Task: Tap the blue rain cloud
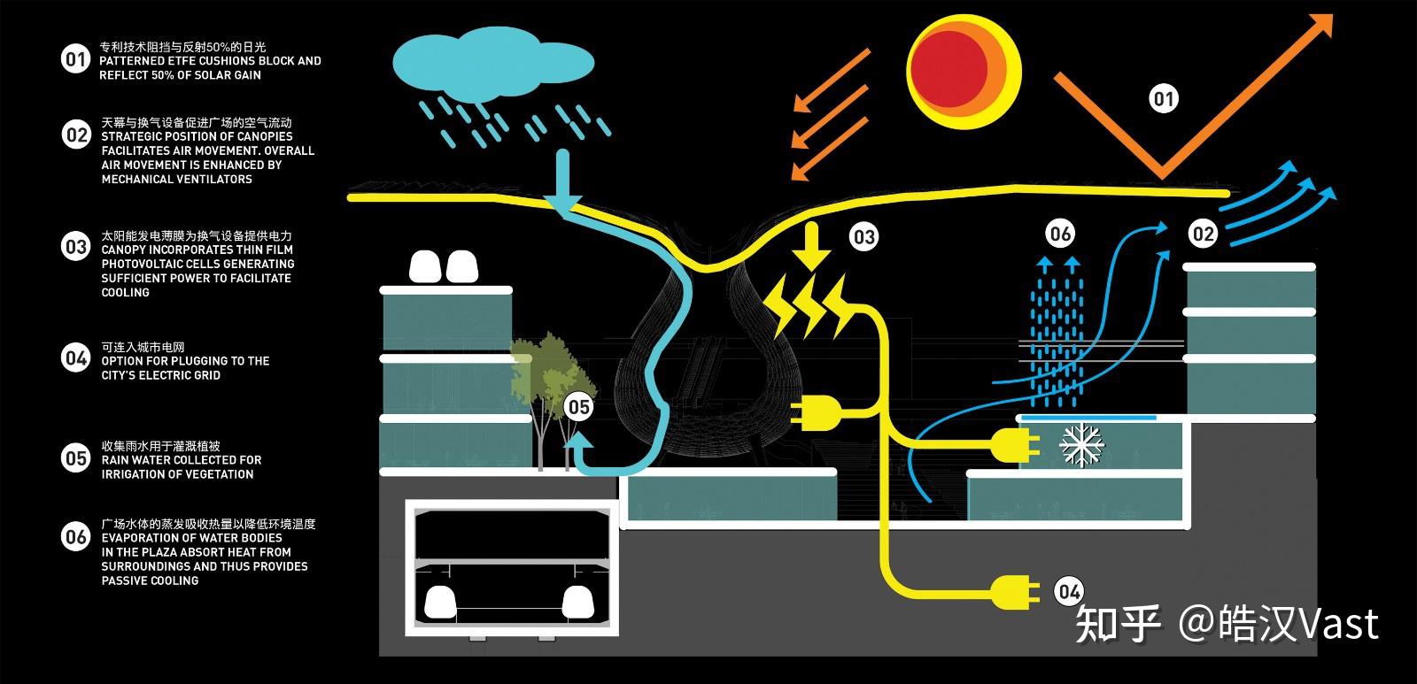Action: click(x=492, y=63)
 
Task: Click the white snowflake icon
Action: click(x=1082, y=444)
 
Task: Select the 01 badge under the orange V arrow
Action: click(x=1164, y=98)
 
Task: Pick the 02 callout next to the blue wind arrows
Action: click(x=1204, y=234)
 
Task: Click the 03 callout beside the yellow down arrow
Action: click(x=864, y=237)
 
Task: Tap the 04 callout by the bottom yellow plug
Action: click(x=1069, y=592)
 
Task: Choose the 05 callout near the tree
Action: click(x=579, y=407)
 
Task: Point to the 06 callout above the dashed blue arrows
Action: click(x=1060, y=234)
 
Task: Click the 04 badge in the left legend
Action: click(x=76, y=358)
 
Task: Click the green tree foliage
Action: click(x=550, y=370)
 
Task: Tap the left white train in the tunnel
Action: click(x=439, y=603)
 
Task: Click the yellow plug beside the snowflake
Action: click(x=1015, y=444)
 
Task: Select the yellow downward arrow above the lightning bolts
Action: click(x=811, y=247)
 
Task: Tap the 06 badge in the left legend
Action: click(x=76, y=537)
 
